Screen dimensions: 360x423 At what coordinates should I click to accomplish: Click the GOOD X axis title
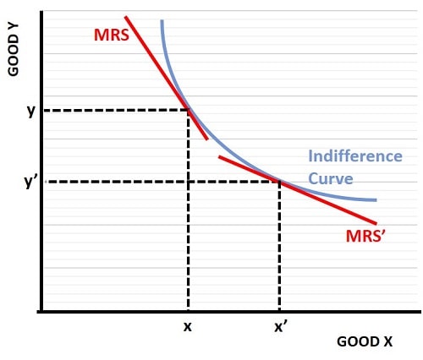(365, 341)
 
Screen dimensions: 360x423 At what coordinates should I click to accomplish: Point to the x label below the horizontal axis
(188, 326)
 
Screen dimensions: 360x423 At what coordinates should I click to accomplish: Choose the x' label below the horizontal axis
(281, 326)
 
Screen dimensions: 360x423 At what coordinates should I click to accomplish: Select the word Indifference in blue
(354, 156)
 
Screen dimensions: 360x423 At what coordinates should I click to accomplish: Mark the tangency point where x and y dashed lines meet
(188, 110)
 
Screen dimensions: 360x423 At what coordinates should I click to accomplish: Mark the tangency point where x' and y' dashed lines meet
(279, 181)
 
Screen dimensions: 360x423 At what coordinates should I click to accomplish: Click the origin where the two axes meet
(41, 312)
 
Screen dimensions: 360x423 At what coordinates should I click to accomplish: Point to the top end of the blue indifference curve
(161, 20)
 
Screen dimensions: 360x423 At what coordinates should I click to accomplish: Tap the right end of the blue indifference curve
(376, 200)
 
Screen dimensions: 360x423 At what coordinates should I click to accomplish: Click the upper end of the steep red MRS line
(125, 16)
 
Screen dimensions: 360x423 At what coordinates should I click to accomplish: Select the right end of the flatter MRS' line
(376, 223)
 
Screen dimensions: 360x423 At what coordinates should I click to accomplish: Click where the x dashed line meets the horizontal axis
(188, 312)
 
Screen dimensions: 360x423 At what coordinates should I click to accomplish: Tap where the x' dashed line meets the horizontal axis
(279, 312)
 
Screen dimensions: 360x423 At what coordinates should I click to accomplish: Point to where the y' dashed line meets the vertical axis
(41, 181)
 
